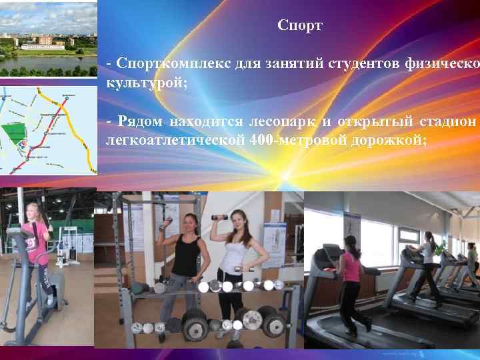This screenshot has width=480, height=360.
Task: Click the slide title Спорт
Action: click(300, 26)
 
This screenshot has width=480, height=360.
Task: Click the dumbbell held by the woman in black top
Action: click(165, 224)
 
